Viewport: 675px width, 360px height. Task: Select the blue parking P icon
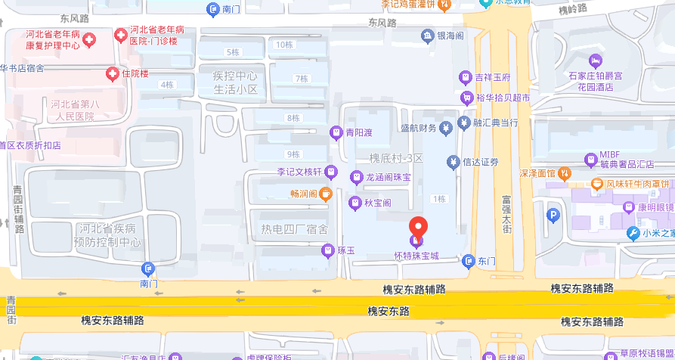[553, 216]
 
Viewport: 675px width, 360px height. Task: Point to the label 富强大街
[507, 214]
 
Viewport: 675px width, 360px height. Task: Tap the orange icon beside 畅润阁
[326, 194]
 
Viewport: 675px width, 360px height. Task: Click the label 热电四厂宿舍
[294, 229]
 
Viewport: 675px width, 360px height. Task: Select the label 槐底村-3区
[395, 158]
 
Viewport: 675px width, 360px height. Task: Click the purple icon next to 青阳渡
[336, 133]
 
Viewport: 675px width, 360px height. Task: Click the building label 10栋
[284, 45]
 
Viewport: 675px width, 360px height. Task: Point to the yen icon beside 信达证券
[453, 161]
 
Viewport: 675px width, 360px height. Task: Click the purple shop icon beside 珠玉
[328, 250]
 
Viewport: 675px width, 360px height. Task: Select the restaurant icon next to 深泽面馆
[564, 173]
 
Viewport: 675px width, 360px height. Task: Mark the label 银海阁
[451, 35]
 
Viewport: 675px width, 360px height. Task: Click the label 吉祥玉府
[493, 77]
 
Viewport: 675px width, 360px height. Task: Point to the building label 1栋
[438, 199]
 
